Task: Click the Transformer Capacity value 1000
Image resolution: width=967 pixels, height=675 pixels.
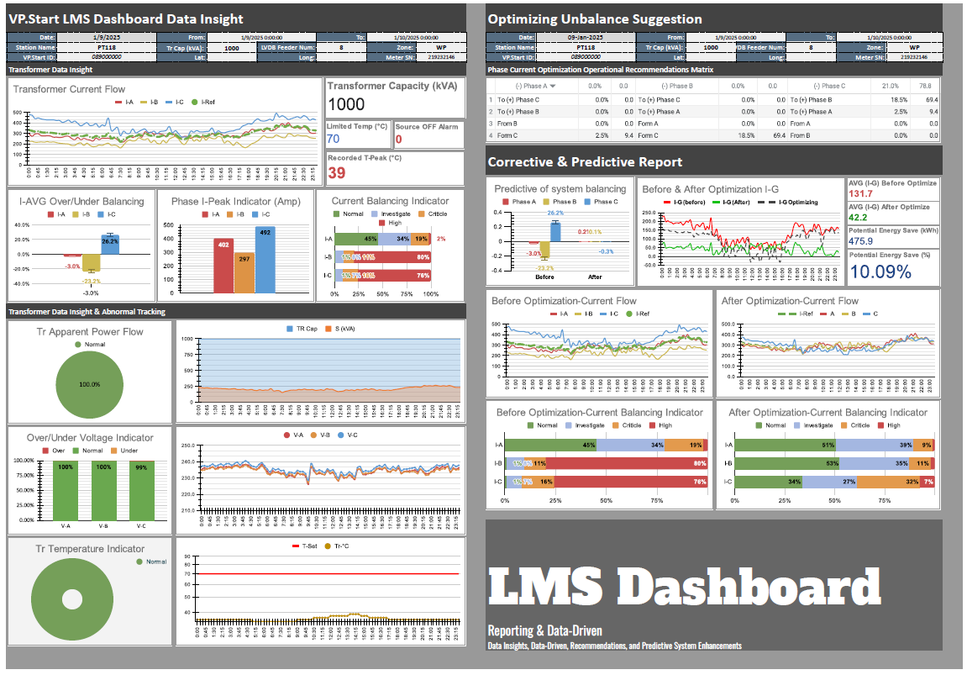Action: point(346,104)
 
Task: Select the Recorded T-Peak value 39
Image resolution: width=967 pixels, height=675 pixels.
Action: point(336,172)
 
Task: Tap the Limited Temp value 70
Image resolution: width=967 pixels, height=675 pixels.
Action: point(333,139)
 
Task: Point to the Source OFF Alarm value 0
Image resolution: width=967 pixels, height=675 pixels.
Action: point(398,139)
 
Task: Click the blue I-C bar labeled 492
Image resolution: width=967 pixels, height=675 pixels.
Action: point(265,261)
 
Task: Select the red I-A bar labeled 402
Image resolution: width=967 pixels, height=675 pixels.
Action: point(223,266)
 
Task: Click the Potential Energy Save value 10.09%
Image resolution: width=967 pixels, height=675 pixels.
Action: point(880,271)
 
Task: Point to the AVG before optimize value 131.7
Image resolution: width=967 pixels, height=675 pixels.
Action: point(862,194)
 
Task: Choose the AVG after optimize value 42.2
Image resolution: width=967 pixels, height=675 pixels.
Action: point(859,218)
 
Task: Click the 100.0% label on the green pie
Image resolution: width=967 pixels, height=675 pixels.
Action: point(90,384)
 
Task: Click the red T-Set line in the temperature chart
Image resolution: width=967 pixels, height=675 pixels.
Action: point(336,573)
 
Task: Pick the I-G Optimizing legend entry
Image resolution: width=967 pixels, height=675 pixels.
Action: point(809,202)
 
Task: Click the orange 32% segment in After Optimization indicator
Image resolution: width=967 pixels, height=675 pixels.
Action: point(888,482)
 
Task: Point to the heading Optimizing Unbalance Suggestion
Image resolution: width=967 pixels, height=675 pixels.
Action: point(595,18)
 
